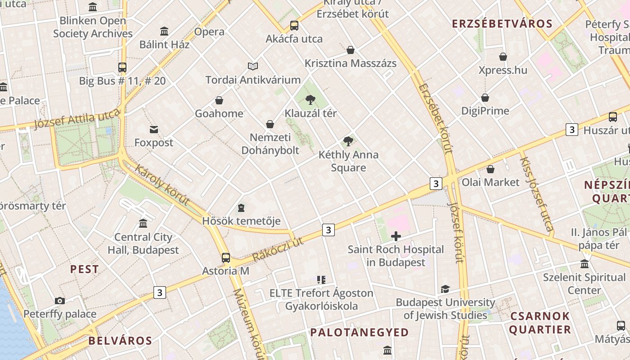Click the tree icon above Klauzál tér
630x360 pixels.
click(x=310, y=99)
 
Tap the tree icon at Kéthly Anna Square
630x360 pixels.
click(x=348, y=141)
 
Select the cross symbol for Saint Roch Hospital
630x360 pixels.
click(x=396, y=236)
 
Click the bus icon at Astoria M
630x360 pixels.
click(x=226, y=258)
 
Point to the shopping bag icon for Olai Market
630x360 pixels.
click(x=490, y=169)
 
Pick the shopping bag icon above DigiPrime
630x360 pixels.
click(x=485, y=98)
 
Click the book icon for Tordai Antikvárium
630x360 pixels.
click(x=253, y=67)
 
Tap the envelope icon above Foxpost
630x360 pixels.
click(x=154, y=130)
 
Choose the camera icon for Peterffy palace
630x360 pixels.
click(x=59, y=301)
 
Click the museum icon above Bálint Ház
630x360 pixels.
click(x=164, y=31)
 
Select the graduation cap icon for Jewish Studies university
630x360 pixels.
click(x=445, y=289)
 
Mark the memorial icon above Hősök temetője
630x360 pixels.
click(x=241, y=208)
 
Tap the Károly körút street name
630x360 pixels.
click(x=162, y=185)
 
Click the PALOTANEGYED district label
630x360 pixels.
click(x=360, y=333)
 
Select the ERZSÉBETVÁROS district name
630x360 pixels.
click(x=502, y=24)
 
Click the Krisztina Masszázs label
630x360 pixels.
click(x=351, y=63)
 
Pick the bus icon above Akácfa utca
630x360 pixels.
click(x=294, y=26)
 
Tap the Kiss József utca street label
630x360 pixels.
click(x=536, y=193)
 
